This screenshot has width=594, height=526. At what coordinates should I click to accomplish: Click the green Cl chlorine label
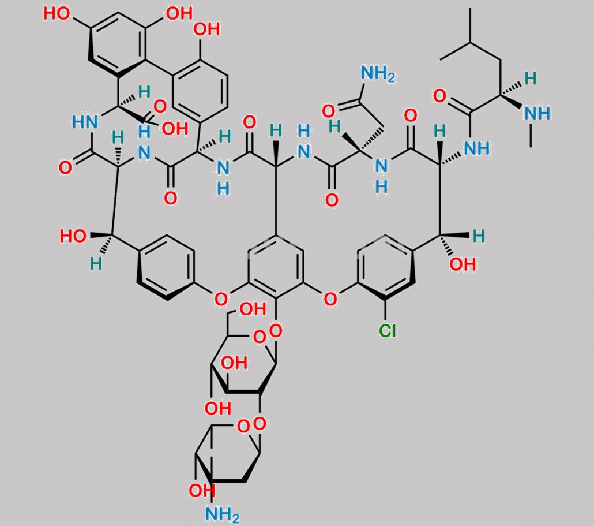point(388,331)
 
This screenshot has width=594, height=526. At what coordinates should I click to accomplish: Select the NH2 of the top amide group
point(378,74)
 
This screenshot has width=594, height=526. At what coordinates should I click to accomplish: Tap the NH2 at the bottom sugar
point(223,514)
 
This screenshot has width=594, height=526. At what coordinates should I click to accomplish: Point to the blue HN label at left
point(85,122)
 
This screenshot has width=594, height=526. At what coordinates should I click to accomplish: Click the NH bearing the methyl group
point(537,113)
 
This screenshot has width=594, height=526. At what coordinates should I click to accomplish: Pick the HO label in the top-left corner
point(57,14)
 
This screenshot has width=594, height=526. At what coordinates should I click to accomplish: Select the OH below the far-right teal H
point(463,264)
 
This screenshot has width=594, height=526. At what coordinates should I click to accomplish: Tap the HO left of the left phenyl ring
point(73,236)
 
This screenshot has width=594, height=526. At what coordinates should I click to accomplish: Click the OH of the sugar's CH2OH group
point(253,309)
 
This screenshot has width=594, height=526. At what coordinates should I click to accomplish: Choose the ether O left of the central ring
point(221,299)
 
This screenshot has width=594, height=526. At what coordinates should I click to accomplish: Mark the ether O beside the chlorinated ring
point(330,299)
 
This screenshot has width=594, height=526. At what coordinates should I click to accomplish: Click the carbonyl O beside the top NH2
point(328,111)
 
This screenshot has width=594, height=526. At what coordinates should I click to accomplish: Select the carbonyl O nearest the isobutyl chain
point(439,96)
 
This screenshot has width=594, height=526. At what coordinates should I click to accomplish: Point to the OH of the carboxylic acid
point(175,129)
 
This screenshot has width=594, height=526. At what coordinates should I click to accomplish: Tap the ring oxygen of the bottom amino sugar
point(243,427)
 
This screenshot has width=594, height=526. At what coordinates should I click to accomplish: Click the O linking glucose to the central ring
point(276,331)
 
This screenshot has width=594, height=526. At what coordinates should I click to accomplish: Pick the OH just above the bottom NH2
point(201,491)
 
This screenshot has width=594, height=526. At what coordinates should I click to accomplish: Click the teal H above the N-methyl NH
point(531,79)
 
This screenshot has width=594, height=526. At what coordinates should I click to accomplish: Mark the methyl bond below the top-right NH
point(531,136)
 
